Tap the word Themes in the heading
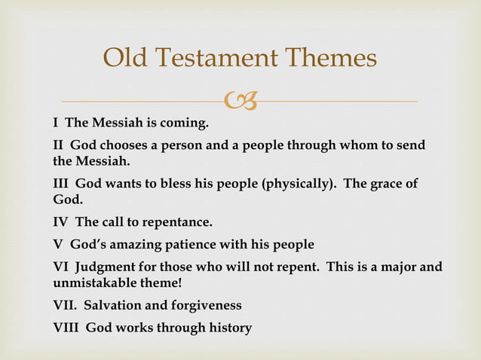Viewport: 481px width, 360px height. coord(330,57)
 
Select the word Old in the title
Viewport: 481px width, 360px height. coord(125,57)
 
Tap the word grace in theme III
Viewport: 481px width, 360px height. coord(387,184)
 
